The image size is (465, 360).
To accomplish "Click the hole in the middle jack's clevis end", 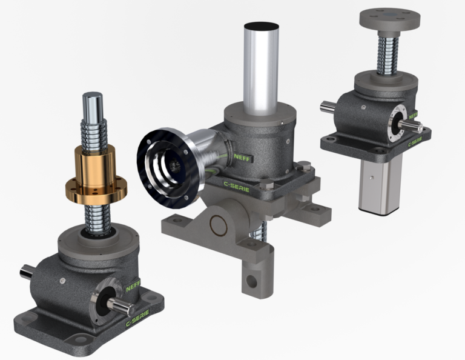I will pos(251,280).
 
